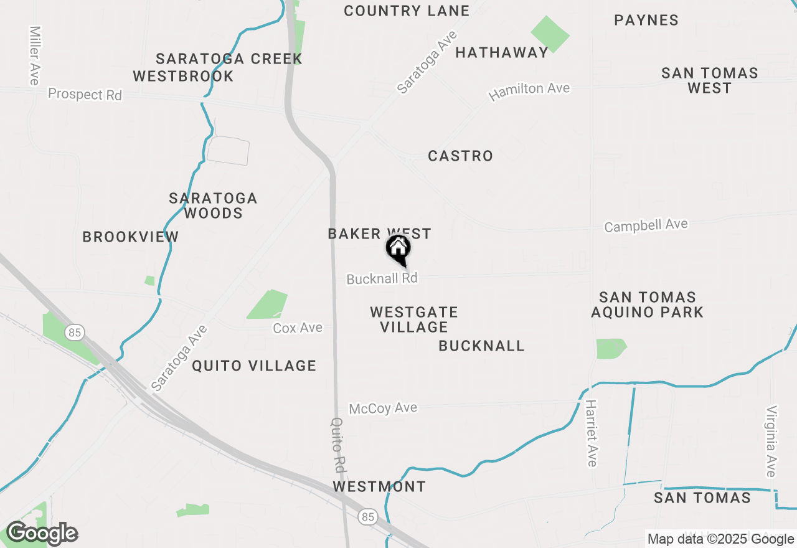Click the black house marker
(398, 249)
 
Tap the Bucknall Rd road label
(382, 278)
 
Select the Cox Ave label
(298, 328)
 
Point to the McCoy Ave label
(383, 409)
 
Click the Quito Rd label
(338, 443)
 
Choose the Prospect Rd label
(85, 95)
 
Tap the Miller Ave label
(34, 55)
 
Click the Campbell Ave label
(646, 225)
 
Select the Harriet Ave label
(591, 433)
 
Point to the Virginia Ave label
(772, 441)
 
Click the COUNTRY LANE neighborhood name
(407, 11)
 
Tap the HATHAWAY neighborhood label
(502, 52)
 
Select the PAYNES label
(646, 20)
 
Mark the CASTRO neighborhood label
(461, 156)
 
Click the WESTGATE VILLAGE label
(414, 319)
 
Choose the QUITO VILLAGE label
(254, 366)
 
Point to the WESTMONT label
(379, 486)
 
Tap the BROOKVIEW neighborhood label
(131, 237)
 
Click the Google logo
(42, 534)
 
